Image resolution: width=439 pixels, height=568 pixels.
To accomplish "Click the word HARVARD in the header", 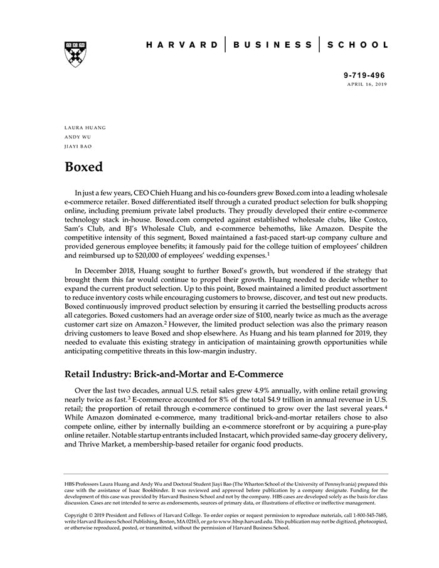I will [182, 45].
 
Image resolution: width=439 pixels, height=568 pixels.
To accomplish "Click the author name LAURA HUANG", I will [85, 127].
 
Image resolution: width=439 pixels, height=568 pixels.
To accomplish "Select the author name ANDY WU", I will [78, 137].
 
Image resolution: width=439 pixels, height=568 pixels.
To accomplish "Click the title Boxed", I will [83, 167].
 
